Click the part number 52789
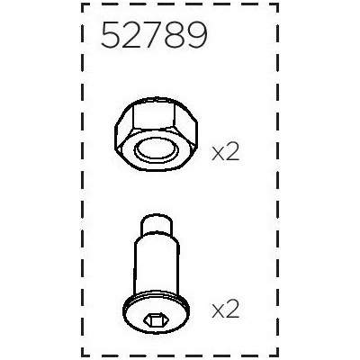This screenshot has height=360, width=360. tap(155, 36)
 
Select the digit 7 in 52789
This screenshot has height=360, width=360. tap(155, 36)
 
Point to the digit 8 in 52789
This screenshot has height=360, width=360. tap(176, 36)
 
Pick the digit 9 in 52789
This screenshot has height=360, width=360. tap(197, 36)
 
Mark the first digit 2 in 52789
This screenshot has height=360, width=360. tap(133, 36)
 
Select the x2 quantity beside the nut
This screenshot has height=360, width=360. tap(225, 153)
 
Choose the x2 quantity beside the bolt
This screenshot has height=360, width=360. tap(225, 310)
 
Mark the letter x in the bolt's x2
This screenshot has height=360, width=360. tap(217, 312)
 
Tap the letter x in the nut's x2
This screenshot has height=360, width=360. tap(217, 155)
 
